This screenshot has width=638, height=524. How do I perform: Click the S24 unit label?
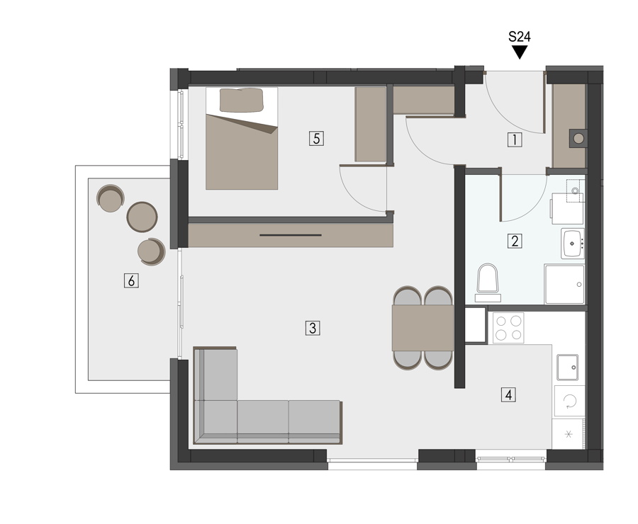click(x=520, y=37)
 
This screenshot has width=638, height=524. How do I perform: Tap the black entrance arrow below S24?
click(x=520, y=52)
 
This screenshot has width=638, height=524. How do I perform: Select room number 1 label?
click(x=515, y=139)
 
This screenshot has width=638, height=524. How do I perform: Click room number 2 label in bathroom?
click(x=515, y=241)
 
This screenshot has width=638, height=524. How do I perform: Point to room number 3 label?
click(x=313, y=328)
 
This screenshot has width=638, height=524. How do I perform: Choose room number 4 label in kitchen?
click(x=508, y=394)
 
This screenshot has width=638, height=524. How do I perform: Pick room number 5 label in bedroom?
click(x=316, y=139)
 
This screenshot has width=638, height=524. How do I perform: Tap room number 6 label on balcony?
click(x=131, y=280)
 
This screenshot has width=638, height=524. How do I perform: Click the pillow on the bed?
click(x=242, y=100)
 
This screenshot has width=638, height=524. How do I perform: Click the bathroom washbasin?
click(x=573, y=243)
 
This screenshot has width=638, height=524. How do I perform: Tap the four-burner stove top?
click(x=508, y=328)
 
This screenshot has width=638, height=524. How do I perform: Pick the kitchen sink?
click(x=568, y=368)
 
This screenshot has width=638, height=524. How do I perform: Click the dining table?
click(x=422, y=328)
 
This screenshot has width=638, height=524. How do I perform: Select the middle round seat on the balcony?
click(x=142, y=217)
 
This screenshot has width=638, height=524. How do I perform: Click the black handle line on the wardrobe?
click(x=291, y=235)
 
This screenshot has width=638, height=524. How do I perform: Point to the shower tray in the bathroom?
click(x=565, y=285)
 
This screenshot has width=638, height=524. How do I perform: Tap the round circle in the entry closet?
click(x=578, y=139)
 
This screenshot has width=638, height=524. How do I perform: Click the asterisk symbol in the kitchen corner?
click(x=569, y=435)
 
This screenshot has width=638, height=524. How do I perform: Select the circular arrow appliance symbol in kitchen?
click(x=569, y=401)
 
